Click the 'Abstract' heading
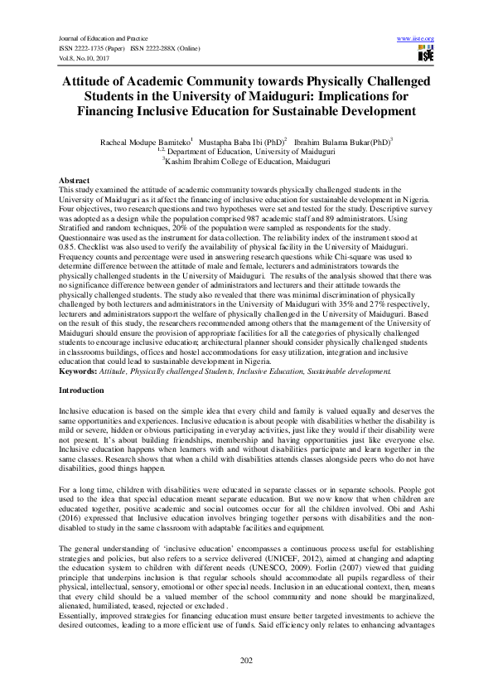75,180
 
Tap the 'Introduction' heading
81,389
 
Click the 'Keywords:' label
78,372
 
